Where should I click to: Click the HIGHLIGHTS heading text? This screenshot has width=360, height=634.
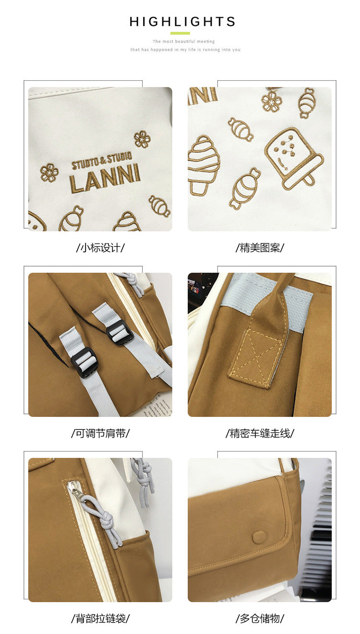[182, 22]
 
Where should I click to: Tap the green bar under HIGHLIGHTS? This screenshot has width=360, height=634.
[180, 33]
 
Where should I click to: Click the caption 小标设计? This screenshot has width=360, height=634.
[100, 248]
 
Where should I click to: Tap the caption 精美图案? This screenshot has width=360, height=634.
[260, 248]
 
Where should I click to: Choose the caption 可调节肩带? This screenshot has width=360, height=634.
[100, 433]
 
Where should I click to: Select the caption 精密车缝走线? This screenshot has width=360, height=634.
[260, 433]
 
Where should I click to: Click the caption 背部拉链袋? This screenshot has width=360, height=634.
[100, 618]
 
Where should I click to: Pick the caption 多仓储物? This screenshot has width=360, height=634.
[260, 618]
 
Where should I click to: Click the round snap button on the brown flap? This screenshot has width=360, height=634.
[259, 536]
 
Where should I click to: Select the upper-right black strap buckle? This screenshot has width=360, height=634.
[120, 332]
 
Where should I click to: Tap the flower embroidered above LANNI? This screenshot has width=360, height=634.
[142, 139]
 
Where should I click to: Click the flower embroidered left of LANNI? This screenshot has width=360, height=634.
[49, 172]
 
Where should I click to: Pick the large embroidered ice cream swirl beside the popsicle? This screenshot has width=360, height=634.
[204, 165]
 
